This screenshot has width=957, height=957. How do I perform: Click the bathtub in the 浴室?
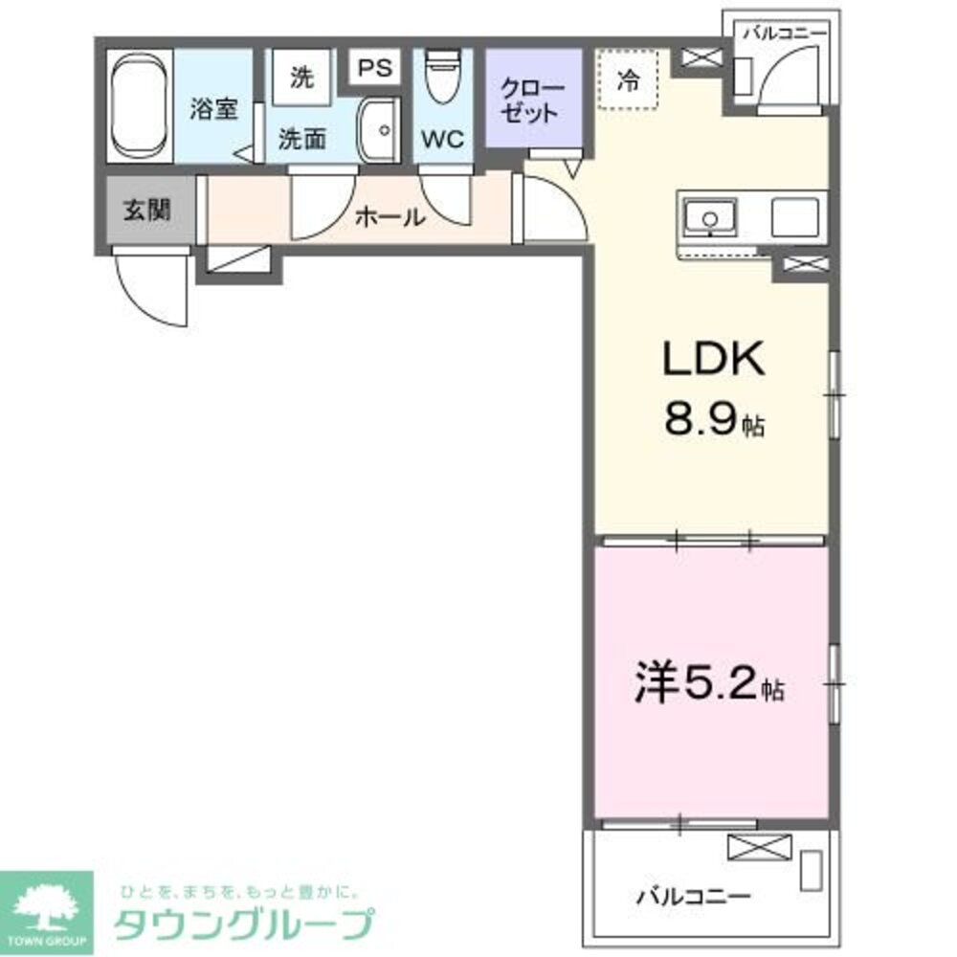coord(140,108)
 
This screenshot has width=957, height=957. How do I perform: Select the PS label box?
coord(375,69)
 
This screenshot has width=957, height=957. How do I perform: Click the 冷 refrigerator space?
coord(627,80)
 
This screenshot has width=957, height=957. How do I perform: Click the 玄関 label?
coord(146,210)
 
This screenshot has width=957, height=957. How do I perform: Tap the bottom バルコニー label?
coord(694,897)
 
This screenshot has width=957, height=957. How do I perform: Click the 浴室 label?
coord(212,108)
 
